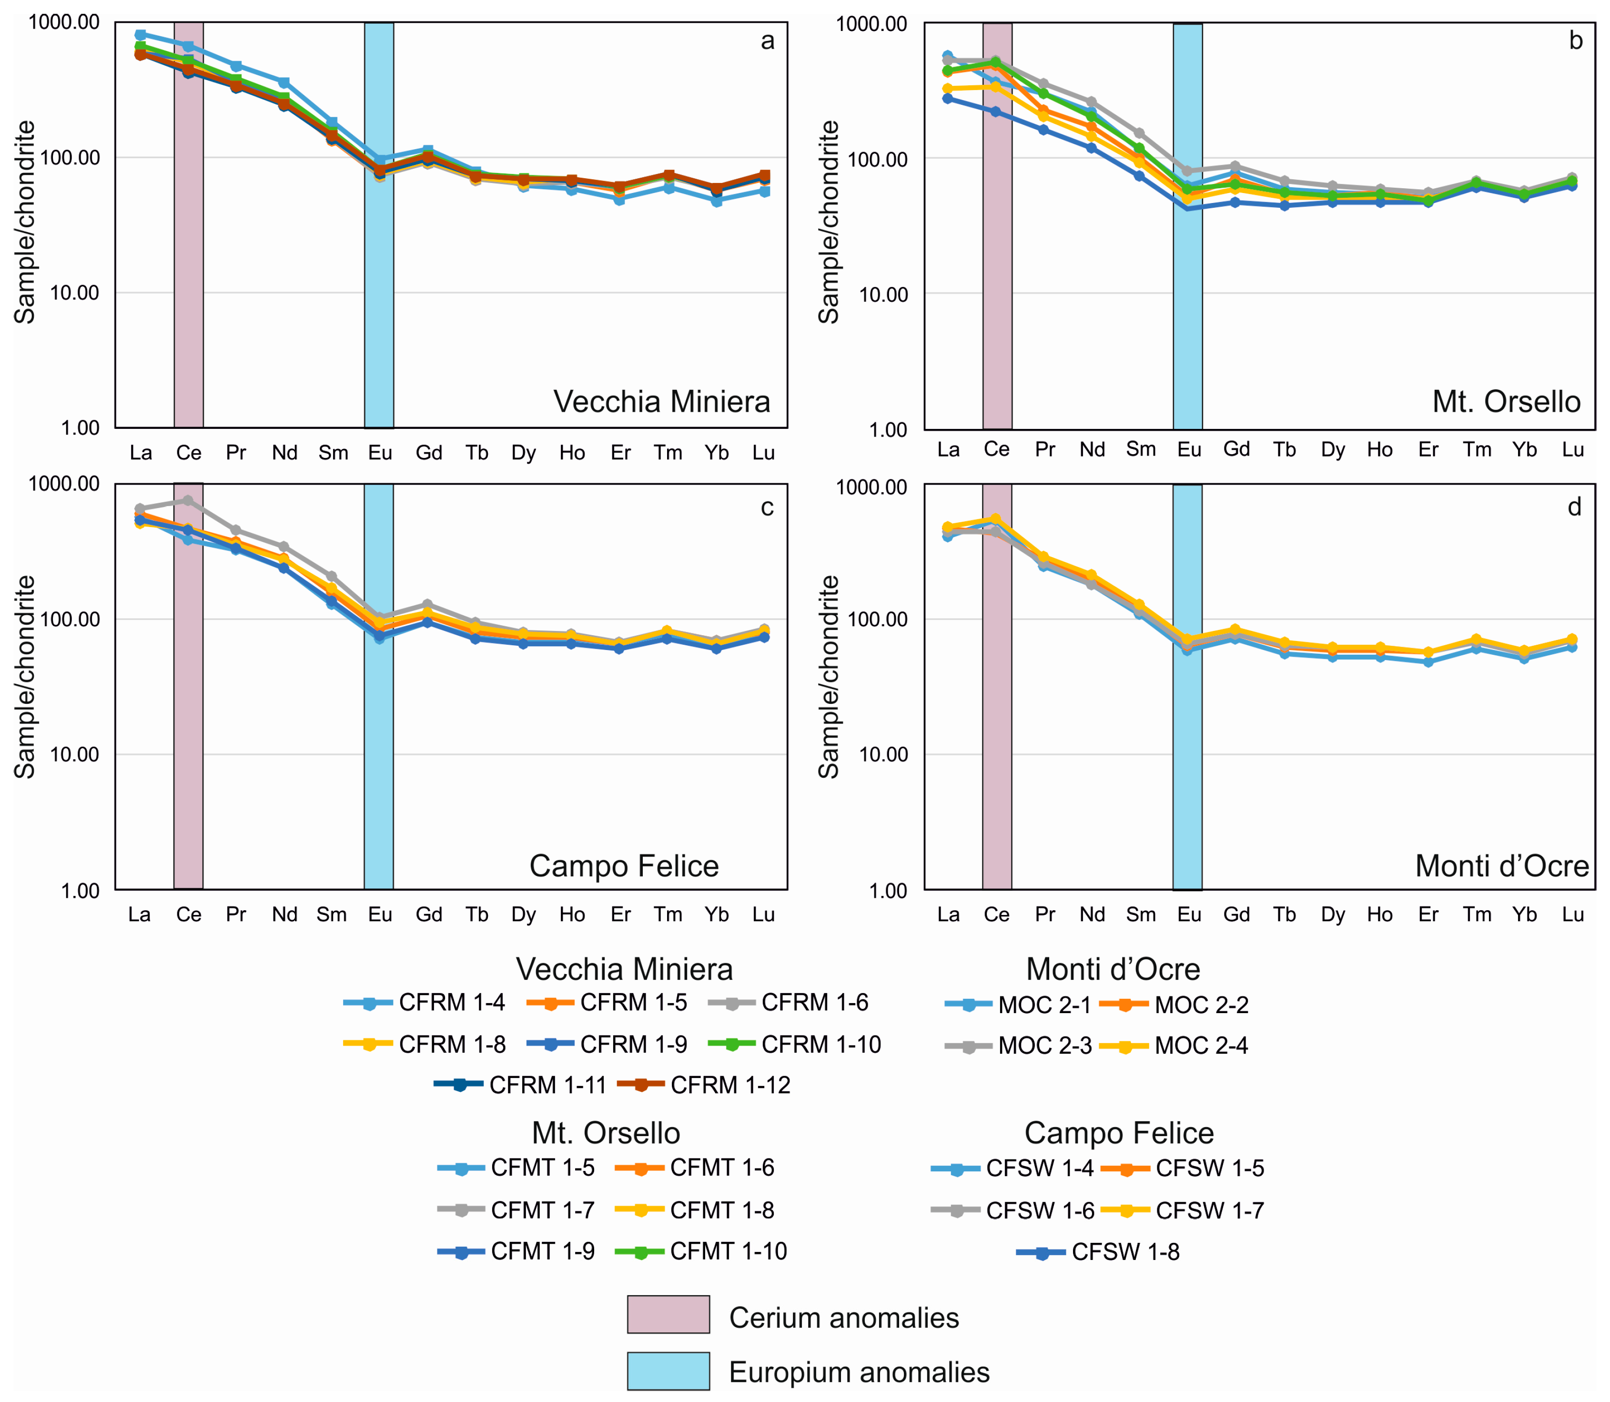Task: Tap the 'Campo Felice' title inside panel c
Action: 624,866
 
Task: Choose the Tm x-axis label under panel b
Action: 1477,450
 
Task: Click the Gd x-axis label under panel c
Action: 429,914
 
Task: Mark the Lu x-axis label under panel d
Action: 1572,914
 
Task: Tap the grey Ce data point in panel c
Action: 188,500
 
